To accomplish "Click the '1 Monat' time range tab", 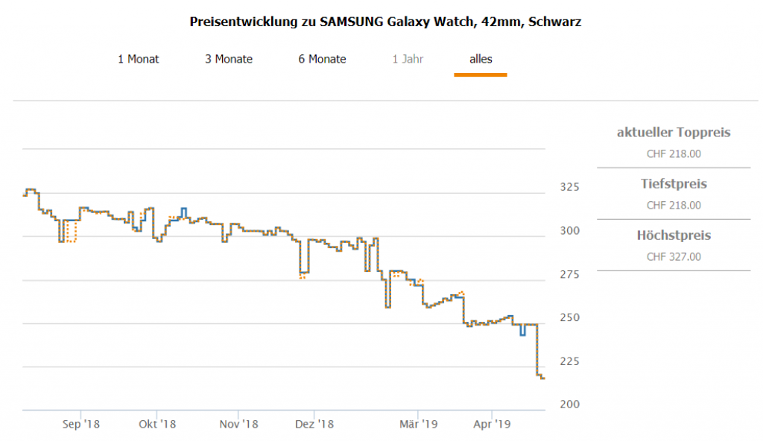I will pos(139,59).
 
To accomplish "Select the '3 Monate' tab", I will pos(229,59).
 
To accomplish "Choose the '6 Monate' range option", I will pos(322,59).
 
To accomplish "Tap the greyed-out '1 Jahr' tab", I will pos(408,59).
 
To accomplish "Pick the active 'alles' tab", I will pos(481,59).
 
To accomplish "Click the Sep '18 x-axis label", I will pos(81,425).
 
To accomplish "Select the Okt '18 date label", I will pos(157,425).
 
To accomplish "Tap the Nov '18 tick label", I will pos(239,425).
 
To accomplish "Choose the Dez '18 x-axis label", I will pos(315,425).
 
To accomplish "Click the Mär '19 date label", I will pos(419,425).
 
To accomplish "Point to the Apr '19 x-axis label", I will pos(493,425).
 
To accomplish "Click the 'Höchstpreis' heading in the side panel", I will pos(674,235).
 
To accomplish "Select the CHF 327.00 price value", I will pos(674,257).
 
